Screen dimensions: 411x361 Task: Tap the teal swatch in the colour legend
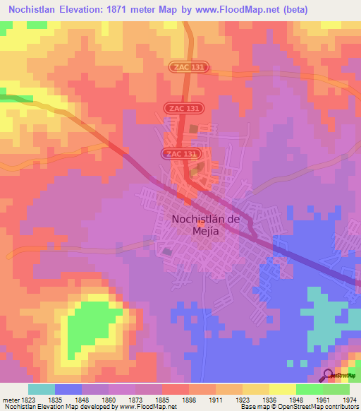point(42,388)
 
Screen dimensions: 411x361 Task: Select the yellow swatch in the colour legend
point(282,388)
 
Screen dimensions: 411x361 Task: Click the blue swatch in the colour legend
point(68,388)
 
